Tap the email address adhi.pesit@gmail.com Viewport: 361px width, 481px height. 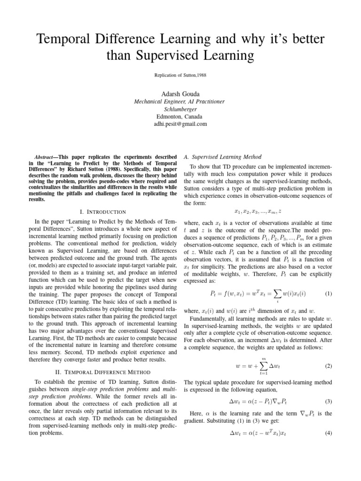coord(180,124)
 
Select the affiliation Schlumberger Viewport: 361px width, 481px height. coord(180,109)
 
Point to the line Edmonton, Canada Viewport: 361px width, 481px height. coord(180,116)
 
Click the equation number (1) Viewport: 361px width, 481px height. coord(329,294)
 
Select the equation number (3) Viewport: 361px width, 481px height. coord(329,402)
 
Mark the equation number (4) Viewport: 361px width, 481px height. coord(329,447)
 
